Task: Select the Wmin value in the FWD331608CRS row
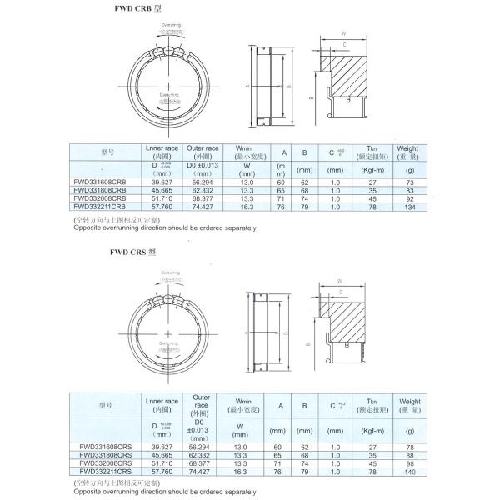[247, 447]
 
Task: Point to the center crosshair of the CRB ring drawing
[170, 87]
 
